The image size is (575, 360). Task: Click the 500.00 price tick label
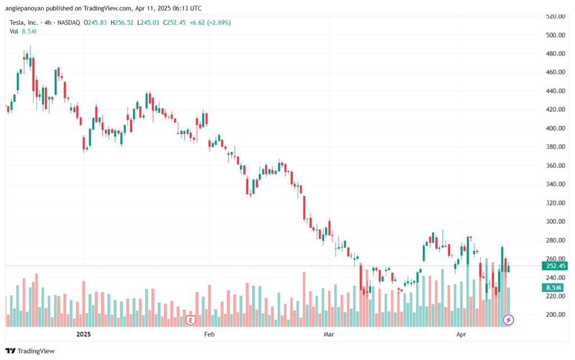coord(555,35)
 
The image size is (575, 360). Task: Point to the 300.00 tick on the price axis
coord(555,221)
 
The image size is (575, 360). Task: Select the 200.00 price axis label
coord(555,315)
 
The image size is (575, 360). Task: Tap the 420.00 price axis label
coord(555,110)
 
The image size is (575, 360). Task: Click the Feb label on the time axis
coord(209,334)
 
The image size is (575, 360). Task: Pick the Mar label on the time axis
coord(328,334)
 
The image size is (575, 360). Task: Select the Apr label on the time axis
coord(461,334)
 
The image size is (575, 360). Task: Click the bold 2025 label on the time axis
coord(84,334)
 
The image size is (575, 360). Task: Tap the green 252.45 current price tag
coord(554,266)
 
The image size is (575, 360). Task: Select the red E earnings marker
coord(190,320)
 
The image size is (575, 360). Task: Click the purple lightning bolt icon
coord(508,320)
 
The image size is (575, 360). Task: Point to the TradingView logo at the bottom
coord(30,351)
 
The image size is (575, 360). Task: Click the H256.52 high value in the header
coord(122,22)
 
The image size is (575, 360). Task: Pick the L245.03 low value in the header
coord(148,22)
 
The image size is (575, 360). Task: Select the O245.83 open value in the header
coord(95,22)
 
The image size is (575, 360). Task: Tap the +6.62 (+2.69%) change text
coord(210,22)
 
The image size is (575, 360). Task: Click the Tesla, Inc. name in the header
coord(24,22)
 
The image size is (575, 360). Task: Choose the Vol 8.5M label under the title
coord(22,31)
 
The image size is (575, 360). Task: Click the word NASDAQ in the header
coord(69,22)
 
